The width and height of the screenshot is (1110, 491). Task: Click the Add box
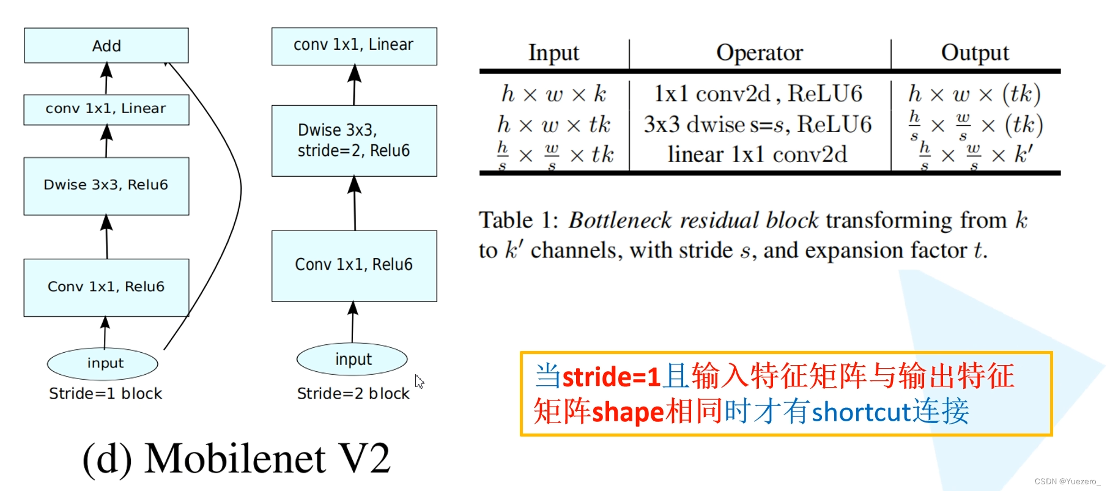coord(106,45)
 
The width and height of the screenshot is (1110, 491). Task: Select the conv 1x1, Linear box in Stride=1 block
coord(106,109)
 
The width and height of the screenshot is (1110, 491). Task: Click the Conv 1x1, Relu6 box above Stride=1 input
coord(106,287)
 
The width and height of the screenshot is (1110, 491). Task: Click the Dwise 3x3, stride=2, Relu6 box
coord(354,141)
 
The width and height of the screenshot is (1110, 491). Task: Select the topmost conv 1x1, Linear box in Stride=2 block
coord(354,46)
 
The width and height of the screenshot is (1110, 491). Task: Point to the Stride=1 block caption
coord(106,394)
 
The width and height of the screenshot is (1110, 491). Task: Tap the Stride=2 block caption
coord(353,394)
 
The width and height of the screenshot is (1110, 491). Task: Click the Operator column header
coord(759,53)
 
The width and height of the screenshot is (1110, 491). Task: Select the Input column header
coord(553,53)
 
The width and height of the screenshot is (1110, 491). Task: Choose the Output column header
coord(975,53)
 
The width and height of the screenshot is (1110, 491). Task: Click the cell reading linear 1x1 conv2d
coord(757,155)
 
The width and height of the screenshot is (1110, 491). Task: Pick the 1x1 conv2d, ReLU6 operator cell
coord(758,94)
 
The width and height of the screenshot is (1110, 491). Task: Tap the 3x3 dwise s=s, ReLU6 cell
coord(757,125)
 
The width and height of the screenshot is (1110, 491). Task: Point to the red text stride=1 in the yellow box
coord(611,377)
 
